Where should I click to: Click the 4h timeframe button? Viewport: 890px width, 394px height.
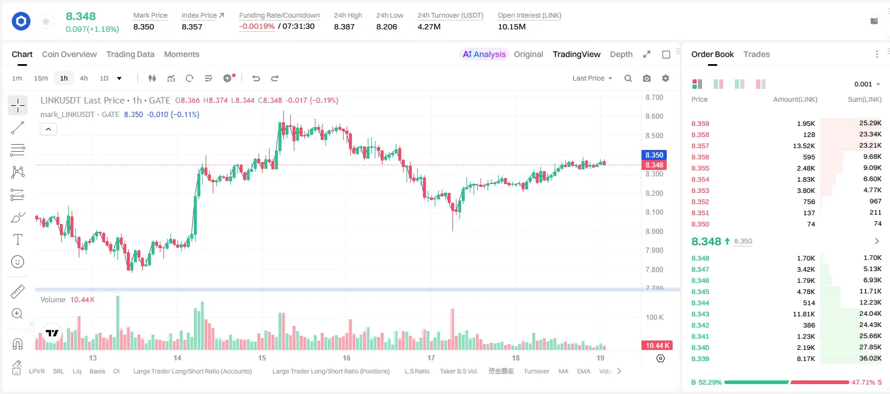[83, 78]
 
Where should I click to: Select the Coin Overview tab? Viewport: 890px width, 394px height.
[69, 54]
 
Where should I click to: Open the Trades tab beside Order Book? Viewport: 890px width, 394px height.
[757, 54]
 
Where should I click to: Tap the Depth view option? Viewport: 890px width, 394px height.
[621, 54]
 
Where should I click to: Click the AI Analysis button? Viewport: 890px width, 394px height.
[484, 54]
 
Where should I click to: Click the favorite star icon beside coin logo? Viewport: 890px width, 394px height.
[46, 22]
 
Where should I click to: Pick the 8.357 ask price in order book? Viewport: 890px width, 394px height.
[700, 146]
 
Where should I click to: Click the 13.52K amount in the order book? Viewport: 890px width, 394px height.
[804, 146]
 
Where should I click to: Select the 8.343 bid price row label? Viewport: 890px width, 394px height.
[700, 314]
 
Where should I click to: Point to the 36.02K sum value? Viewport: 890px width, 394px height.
[870, 358]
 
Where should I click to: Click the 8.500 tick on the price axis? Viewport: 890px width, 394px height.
[654, 136]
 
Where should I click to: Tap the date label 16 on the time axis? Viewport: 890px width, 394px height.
[347, 358]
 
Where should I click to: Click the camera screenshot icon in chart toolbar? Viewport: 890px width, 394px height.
[647, 78]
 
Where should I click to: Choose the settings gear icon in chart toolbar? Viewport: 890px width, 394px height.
[666, 78]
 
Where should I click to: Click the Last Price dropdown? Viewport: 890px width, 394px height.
[592, 78]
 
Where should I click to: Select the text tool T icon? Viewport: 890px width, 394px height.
[18, 239]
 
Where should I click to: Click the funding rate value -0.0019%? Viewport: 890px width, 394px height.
[257, 26]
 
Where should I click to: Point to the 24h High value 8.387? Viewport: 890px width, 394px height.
[344, 26]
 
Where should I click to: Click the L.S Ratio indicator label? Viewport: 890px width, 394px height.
[417, 371]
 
